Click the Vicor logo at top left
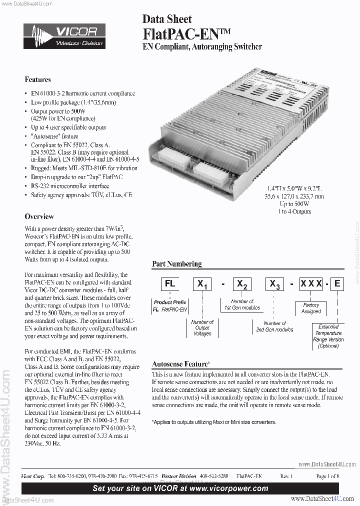[x=64, y=36]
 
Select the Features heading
[x=37, y=79]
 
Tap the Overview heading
[x=39, y=216]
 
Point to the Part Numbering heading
[x=176, y=264]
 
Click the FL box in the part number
[x=170, y=284]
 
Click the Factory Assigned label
[x=311, y=308]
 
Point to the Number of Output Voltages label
[x=202, y=327]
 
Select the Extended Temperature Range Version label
[x=328, y=336]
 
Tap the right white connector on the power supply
[x=209, y=173]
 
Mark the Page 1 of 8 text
[x=327, y=476]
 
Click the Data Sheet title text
[x=167, y=19]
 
